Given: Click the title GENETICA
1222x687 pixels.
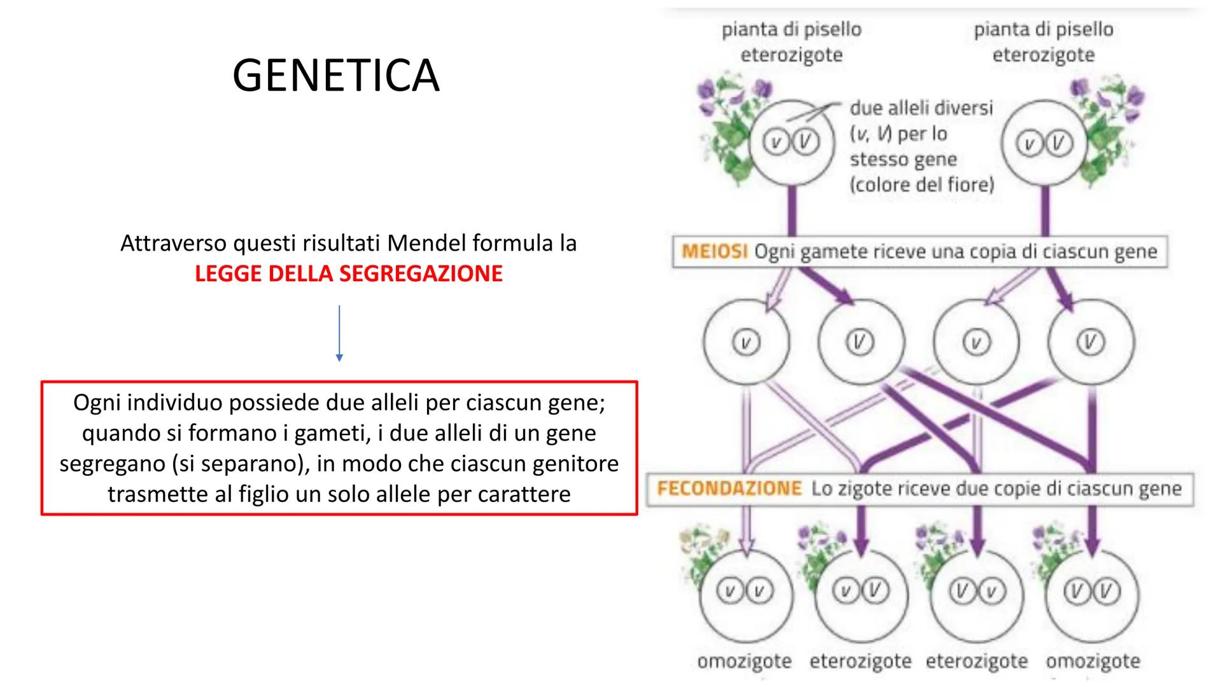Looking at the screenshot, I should (335, 76).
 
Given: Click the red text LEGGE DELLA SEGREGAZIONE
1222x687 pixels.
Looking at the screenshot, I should (348, 274).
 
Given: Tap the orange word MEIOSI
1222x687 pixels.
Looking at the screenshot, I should (714, 251).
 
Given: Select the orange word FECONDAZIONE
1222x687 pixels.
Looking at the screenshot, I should (729, 489).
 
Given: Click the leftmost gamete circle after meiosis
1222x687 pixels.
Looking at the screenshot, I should (746, 342).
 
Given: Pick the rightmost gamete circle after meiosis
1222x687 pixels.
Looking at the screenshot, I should (1090, 342).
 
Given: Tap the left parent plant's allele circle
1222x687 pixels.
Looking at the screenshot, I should (792, 142).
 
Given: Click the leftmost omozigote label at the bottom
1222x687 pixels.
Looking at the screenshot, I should (744, 662).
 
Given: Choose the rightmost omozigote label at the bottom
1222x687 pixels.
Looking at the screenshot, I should (1092, 662).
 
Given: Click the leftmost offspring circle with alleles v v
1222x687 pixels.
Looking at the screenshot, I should (745, 593).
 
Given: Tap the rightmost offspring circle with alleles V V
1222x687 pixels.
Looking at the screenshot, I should (1092, 593).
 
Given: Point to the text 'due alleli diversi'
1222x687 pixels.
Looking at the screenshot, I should (921, 108).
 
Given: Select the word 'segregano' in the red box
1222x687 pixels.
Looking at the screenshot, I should (112, 464).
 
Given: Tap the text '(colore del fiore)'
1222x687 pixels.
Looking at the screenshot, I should (921, 185).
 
